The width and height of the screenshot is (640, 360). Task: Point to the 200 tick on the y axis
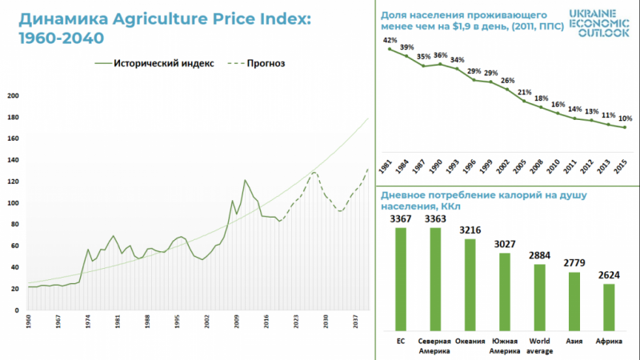(x=13, y=96)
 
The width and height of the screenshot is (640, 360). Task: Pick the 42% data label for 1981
(x=390, y=40)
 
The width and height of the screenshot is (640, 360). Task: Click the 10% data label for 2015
(x=624, y=119)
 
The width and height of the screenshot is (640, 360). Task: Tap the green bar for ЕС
(x=401, y=279)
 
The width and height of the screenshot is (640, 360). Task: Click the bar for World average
(x=539, y=297)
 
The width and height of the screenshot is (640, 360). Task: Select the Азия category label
(x=573, y=341)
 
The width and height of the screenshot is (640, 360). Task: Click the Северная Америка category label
(x=436, y=346)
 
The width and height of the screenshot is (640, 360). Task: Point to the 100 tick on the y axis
(x=13, y=202)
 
